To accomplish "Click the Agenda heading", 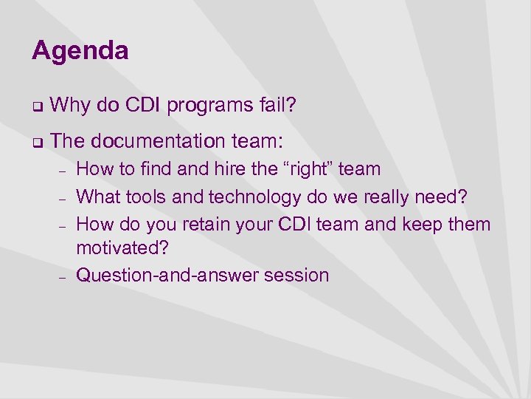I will point(80,51).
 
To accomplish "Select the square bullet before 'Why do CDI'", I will point(35,107).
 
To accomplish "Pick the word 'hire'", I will point(231,169).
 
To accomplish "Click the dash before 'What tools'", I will point(63,197).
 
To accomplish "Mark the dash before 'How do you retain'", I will point(63,224).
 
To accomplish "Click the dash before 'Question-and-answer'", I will point(63,276).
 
